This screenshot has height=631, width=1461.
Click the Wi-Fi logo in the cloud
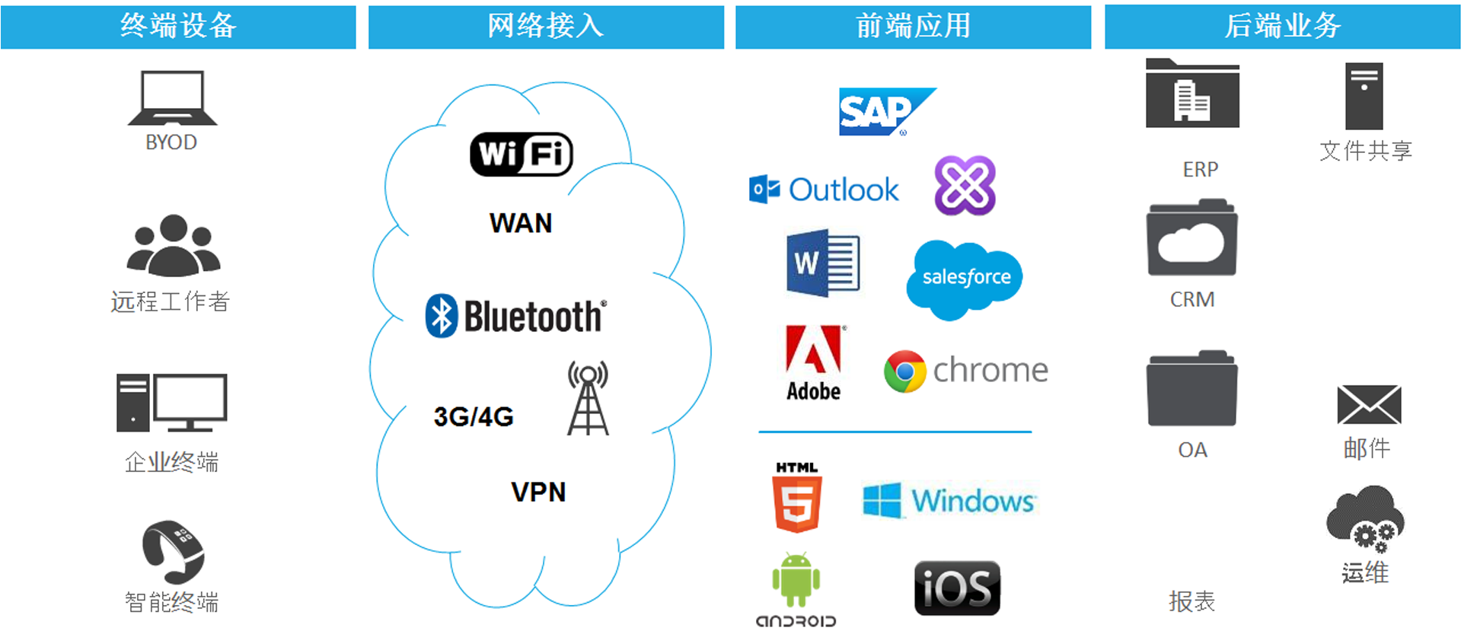[522, 155]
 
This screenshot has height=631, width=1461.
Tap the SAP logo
[883, 112]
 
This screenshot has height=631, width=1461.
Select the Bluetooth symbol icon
[441, 316]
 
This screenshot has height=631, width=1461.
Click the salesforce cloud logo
[965, 278]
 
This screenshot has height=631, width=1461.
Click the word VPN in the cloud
[538, 492]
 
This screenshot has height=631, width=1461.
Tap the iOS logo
[957, 588]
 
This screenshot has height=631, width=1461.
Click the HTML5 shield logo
[797, 503]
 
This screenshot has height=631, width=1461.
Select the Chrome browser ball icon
[904, 371]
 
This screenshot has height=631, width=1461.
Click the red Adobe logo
[813, 351]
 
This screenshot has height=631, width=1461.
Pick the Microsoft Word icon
[822, 263]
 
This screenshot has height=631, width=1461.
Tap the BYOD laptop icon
[173, 98]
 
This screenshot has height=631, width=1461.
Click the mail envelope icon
[1368, 405]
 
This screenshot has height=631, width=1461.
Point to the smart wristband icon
[174, 551]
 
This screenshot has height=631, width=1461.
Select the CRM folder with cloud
[1191, 239]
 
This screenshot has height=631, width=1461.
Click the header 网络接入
[546, 27]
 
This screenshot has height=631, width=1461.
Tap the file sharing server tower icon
[1364, 97]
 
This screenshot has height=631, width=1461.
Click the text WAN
[521, 224]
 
